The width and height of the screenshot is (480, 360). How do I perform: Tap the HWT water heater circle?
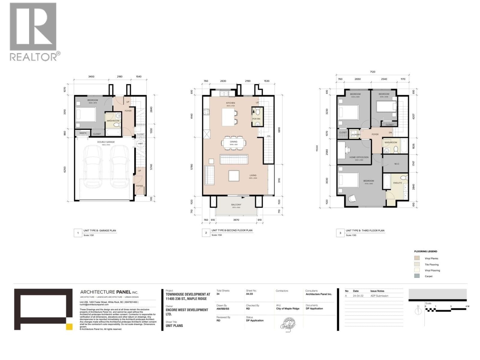tap(140, 144)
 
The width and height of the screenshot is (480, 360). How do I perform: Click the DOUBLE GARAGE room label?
tap(106, 142)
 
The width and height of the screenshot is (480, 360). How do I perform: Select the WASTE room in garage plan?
tap(83, 133)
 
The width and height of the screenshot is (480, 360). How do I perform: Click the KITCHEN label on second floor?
tap(230, 103)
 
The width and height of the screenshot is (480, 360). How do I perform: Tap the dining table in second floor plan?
tap(234, 143)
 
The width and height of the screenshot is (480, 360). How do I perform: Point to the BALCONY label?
tap(236, 205)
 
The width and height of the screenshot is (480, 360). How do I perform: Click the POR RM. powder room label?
tap(256, 119)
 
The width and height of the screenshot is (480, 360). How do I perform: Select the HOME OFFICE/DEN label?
tap(359, 157)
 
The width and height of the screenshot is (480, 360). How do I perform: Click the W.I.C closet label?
tap(397, 164)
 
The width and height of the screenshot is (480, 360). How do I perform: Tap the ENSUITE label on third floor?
tap(397, 183)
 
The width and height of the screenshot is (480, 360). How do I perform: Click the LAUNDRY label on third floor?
tap(355, 134)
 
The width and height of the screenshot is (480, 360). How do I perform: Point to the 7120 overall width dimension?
tap(372, 72)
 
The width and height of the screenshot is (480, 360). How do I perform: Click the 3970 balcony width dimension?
tap(236, 220)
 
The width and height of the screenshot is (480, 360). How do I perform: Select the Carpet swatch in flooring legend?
tap(417, 276)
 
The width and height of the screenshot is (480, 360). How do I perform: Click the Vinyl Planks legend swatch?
tap(417, 258)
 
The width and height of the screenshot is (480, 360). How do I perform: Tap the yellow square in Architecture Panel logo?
tap(69, 327)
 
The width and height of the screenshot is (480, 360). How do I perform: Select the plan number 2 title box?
tap(206, 233)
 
